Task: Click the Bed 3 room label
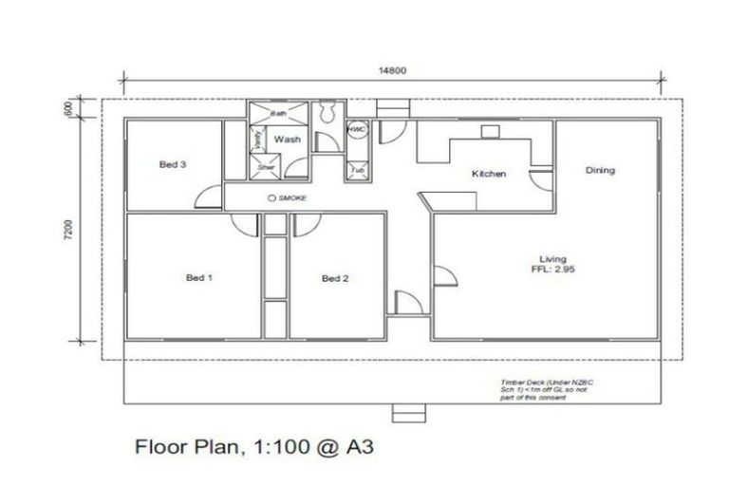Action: (172, 164)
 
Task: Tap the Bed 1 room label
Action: (198, 278)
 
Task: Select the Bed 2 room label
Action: (335, 278)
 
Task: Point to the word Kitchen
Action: (489, 174)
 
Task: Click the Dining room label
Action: (600, 171)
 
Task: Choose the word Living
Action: (552, 258)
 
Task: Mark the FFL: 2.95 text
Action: (553, 270)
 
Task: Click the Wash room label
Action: (288, 140)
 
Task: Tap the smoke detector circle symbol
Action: (273, 197)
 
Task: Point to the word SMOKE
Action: (295, 197)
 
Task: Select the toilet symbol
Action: (327, 113)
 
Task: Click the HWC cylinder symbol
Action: (357, 129)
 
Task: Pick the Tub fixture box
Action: (357, 171)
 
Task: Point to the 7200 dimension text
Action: (69, 231)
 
